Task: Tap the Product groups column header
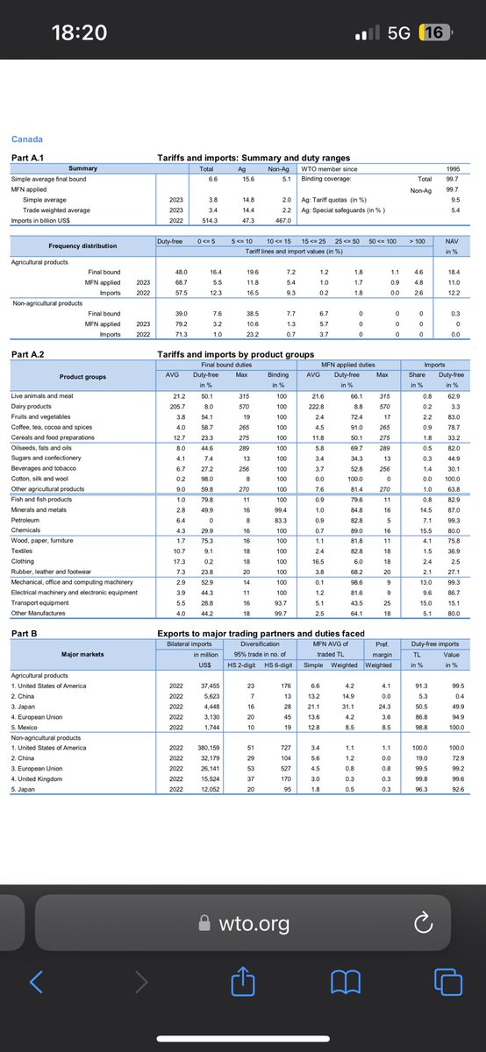pos(82,377)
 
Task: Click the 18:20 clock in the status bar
pos(79,32)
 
